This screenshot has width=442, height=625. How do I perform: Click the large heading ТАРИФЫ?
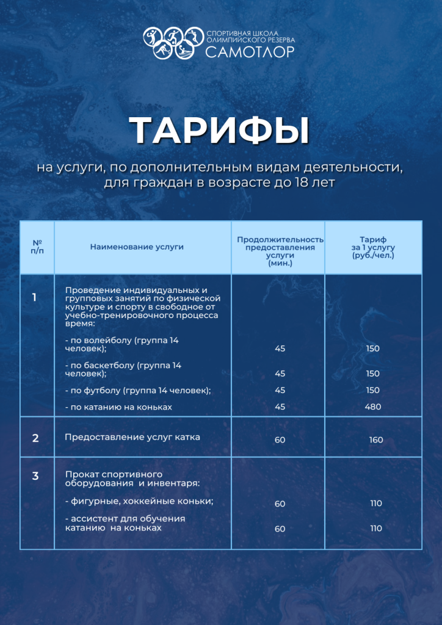click(220, 130)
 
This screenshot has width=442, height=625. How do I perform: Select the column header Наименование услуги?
click(137, 247)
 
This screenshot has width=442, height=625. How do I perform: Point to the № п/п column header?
click(37, 247)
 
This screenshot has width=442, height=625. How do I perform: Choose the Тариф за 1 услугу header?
click(373, 248)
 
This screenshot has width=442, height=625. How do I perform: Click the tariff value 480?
click(372, 407)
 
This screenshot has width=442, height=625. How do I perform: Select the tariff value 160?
click(375, 440)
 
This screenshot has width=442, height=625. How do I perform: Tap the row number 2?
click(35, 438)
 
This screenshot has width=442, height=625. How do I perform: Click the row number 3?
click(35, 476)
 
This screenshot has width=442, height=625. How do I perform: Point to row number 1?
click(34, 298)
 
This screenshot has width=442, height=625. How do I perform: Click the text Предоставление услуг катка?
click(132, 438)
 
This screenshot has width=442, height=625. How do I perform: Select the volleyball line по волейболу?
click(121, 344)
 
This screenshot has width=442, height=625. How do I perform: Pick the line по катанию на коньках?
click(118, 407)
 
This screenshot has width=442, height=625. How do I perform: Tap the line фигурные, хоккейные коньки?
click(139, 501)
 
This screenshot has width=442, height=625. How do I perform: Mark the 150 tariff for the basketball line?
click(372, 374)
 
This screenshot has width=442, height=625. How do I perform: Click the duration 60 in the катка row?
click(280, 440)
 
